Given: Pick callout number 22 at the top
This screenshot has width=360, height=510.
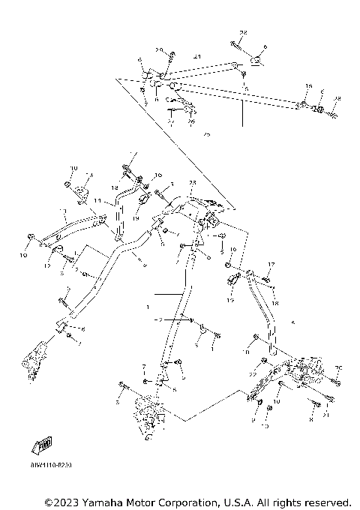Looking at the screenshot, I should (243, 34).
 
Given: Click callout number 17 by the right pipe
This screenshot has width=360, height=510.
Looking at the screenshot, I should (271, 264).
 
